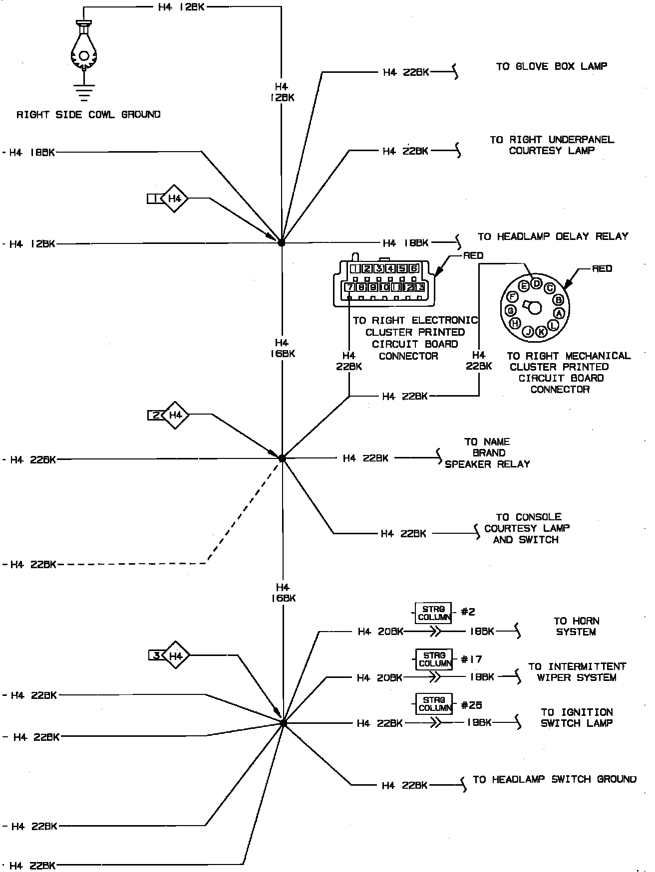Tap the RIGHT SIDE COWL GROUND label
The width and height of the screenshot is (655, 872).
pos(89,115)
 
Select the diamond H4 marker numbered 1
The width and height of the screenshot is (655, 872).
pos(174,199)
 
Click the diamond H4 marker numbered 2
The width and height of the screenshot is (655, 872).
pos(175,415)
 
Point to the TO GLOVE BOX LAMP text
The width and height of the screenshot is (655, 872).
pos(552,66)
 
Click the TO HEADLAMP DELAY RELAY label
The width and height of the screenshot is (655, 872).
pos(553,236)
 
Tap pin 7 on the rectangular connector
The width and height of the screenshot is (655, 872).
pos(349,287)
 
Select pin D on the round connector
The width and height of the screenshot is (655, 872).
pos(536,283)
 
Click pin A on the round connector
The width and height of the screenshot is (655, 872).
pos(559,313)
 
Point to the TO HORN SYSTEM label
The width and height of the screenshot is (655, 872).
pos(576,627)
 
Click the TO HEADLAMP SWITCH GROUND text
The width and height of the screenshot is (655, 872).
pos(554,779)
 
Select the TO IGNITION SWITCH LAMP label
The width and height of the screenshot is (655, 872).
pos(577,718)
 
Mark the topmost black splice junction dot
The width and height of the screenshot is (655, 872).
pos(282,242)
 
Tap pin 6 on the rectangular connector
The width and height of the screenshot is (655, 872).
pos(413,269)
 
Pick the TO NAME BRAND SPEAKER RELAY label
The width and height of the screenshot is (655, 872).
pos(487,453)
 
